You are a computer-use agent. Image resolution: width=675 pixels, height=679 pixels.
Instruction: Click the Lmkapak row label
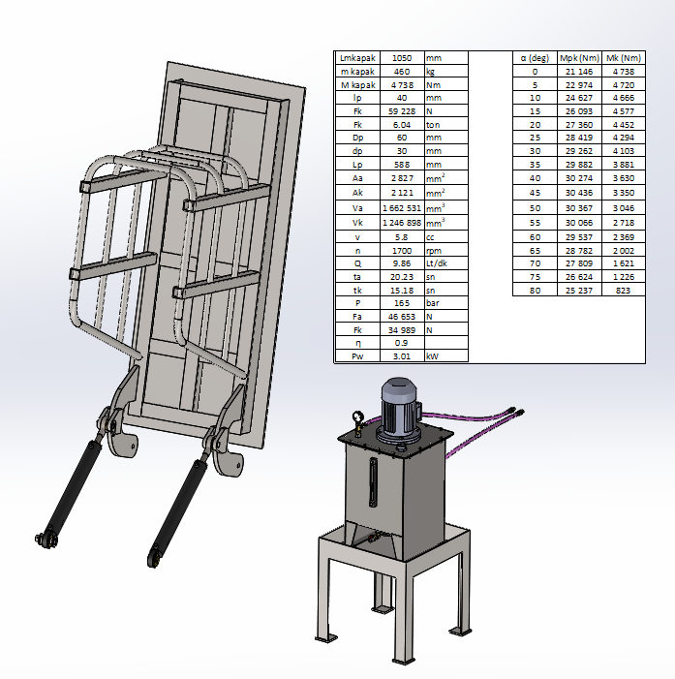357,58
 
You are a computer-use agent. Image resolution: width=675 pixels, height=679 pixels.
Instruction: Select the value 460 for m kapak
402,72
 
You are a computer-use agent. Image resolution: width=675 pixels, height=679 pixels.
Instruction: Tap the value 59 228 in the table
402,111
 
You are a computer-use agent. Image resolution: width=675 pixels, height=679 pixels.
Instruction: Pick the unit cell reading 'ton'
433,125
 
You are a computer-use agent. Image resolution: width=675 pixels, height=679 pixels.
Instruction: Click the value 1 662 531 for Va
402,208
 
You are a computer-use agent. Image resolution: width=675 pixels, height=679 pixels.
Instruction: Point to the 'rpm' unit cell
434,251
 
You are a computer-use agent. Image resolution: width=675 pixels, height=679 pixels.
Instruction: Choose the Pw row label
357,356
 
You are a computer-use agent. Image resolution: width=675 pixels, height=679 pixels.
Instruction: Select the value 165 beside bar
402,303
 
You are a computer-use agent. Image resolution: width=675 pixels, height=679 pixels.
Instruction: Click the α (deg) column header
535,58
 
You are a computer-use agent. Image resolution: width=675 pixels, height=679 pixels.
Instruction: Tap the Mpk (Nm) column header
579,58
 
